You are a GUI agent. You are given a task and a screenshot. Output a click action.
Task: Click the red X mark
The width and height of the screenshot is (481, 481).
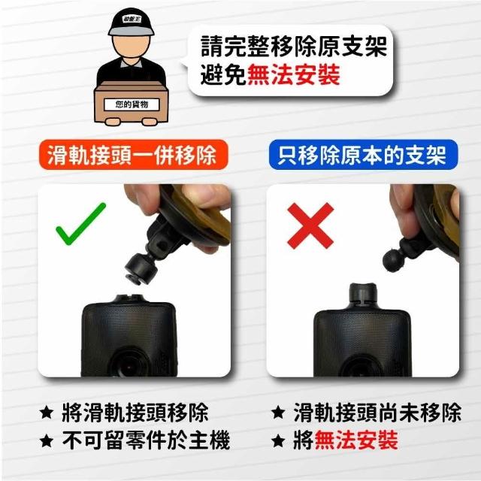310,225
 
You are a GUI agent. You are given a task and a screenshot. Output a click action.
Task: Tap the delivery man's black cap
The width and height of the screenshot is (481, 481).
131,22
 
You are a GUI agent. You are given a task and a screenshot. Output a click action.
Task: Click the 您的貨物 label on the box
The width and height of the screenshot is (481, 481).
132,104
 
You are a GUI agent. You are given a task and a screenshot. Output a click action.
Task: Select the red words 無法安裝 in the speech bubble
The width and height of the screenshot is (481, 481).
294,75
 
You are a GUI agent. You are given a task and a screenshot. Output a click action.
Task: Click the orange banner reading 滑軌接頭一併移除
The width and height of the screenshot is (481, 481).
134,155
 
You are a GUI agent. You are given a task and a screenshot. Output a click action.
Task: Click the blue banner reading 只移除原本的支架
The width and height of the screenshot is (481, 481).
363,155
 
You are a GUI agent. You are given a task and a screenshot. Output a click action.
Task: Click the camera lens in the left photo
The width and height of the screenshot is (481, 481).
129,365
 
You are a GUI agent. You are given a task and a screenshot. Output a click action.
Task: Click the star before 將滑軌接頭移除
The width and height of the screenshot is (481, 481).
47,413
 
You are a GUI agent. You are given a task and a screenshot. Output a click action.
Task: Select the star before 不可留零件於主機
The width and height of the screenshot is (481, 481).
47,441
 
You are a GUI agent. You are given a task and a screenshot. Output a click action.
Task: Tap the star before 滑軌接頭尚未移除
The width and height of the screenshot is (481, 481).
278,412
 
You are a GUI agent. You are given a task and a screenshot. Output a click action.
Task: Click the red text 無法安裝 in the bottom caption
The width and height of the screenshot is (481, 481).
356,440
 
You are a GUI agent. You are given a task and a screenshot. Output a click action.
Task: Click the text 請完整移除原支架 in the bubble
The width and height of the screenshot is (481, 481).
294,46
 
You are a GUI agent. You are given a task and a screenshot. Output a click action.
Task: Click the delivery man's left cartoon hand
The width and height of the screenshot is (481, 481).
113,122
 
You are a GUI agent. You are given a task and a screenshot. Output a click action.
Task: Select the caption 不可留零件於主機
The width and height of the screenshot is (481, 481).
146,440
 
